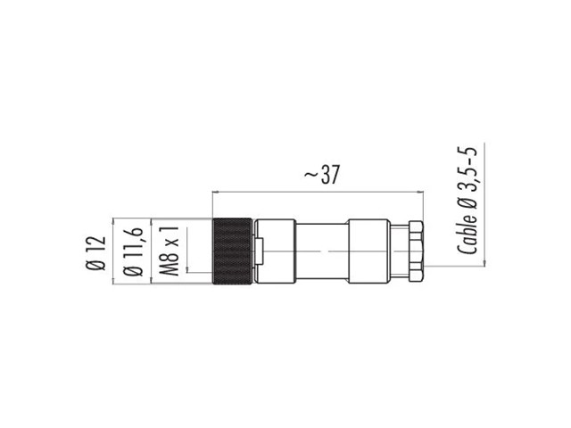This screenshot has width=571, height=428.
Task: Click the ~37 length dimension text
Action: click(321, 175)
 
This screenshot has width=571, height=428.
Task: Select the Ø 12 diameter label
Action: click(95, 253)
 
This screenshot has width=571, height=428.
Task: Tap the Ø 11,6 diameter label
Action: click(133, 251)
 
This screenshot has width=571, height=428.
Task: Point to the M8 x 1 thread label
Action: click(169, 251)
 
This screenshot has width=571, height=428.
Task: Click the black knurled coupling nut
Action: click(232, 251)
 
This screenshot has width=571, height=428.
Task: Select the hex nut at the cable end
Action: click(416, 251)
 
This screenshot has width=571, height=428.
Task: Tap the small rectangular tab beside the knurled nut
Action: click(259, 251)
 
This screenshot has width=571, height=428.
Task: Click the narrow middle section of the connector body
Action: click(322, 251)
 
